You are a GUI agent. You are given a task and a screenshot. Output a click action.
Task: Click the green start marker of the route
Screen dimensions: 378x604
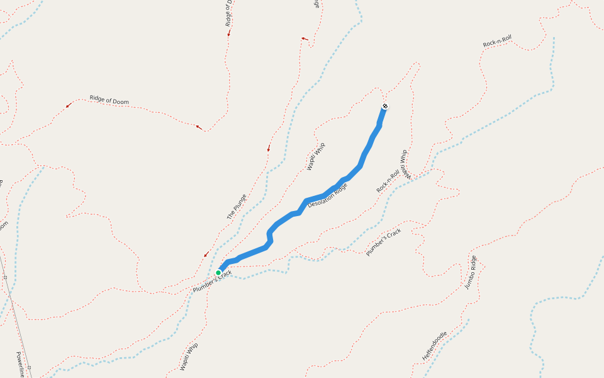click(218, 273)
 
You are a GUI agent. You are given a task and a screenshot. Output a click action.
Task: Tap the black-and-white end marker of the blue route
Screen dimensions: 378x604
click(384, 106)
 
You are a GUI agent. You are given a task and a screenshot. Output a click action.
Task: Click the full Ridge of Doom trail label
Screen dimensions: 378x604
click(109, 100)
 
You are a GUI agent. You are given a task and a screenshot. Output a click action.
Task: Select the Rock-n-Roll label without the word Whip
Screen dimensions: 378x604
click(497, 42)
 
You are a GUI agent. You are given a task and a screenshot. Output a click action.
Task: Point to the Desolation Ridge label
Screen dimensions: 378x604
click(327, 195)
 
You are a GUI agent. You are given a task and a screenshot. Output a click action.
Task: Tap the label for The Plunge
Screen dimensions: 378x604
click(237, 207)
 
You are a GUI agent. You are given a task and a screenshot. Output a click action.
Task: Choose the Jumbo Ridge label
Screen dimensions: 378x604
click(471, 272)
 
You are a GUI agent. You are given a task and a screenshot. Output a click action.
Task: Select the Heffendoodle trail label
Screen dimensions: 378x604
click(434, 346)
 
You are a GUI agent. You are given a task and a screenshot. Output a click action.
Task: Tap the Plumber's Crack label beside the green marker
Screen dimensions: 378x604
click(212, 280)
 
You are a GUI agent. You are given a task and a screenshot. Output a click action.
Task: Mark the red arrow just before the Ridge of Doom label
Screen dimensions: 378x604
click(69, 105)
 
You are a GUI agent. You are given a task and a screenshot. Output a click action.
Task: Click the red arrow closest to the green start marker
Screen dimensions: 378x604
click(206, 255)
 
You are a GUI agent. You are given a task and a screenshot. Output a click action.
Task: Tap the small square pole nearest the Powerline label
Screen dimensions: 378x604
click(29, 367)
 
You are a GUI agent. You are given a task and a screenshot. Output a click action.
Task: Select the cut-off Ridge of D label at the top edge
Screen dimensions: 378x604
click(229, 13)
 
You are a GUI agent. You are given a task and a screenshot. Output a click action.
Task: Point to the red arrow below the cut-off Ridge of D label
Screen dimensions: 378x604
click(229, 33)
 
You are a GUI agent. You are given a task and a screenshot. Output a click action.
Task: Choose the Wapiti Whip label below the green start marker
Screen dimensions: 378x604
click(188, 357)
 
